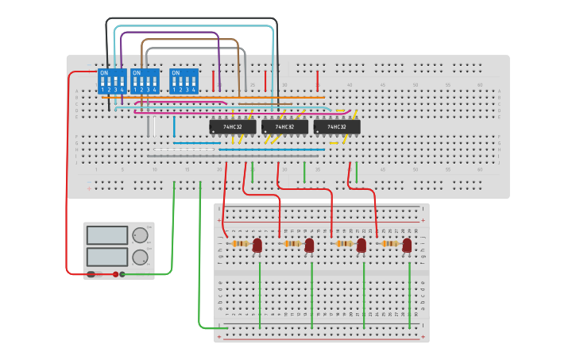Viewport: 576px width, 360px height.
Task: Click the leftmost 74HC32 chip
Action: coord(232,126)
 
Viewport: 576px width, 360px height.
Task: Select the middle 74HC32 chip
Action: coord(284,126)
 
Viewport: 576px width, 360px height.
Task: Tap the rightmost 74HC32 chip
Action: coord(337,126)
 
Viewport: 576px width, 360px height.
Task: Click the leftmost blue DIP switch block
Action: coord(112,81)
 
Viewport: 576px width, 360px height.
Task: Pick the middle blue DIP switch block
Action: coord(145,81)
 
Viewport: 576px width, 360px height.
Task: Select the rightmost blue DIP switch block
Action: coord(184,81)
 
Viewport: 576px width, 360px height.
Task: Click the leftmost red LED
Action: coord(257,246)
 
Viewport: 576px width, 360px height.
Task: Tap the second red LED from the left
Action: coord(310,246)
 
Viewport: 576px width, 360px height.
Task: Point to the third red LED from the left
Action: coord(361,246)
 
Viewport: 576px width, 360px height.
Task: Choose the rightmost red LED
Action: coord(407,246)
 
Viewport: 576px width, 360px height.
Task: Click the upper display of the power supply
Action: coord(106,235)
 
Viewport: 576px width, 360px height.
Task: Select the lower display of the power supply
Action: coord(106,257)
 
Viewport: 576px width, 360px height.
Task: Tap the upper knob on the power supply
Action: coord(140,235)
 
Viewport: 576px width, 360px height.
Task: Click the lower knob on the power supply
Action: coord(140,257)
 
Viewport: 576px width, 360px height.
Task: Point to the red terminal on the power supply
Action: coord(115,274)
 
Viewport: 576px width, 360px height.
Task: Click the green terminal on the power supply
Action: coord(122,274)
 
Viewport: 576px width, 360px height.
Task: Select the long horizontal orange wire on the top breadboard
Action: coord(238,98)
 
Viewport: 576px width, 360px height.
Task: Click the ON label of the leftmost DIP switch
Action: coord(102,72)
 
